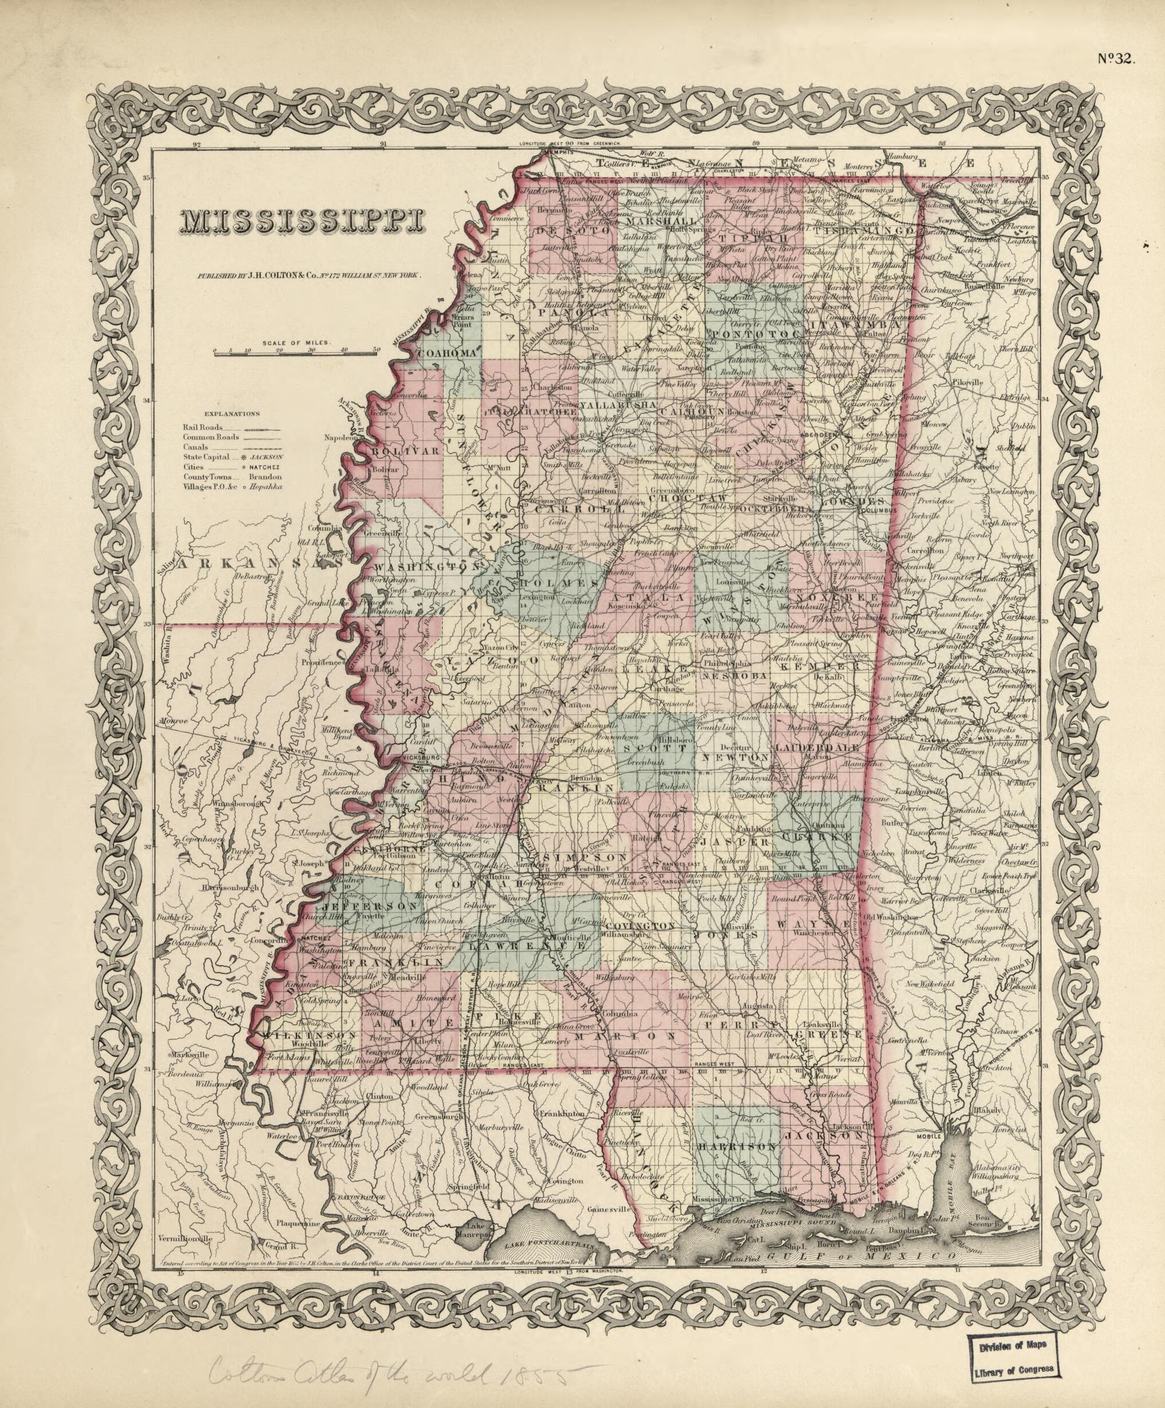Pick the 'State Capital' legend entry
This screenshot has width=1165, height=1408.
tap(205, 456)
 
